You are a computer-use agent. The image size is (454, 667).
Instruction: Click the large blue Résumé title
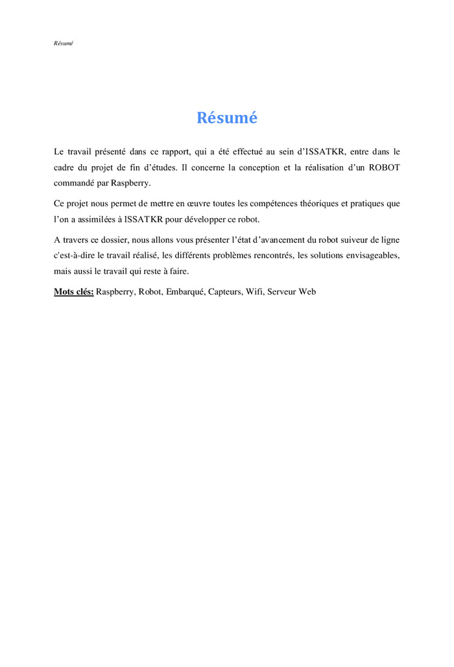(x=227, y=118)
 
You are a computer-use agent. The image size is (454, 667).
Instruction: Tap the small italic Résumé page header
(x=64, y=43)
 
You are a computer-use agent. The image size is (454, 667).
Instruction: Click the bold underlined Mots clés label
(x=73, y=292)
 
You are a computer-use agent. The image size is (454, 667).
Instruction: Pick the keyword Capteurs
(x=225, y=292)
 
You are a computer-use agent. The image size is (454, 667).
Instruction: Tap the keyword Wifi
(x=255, y=292)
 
